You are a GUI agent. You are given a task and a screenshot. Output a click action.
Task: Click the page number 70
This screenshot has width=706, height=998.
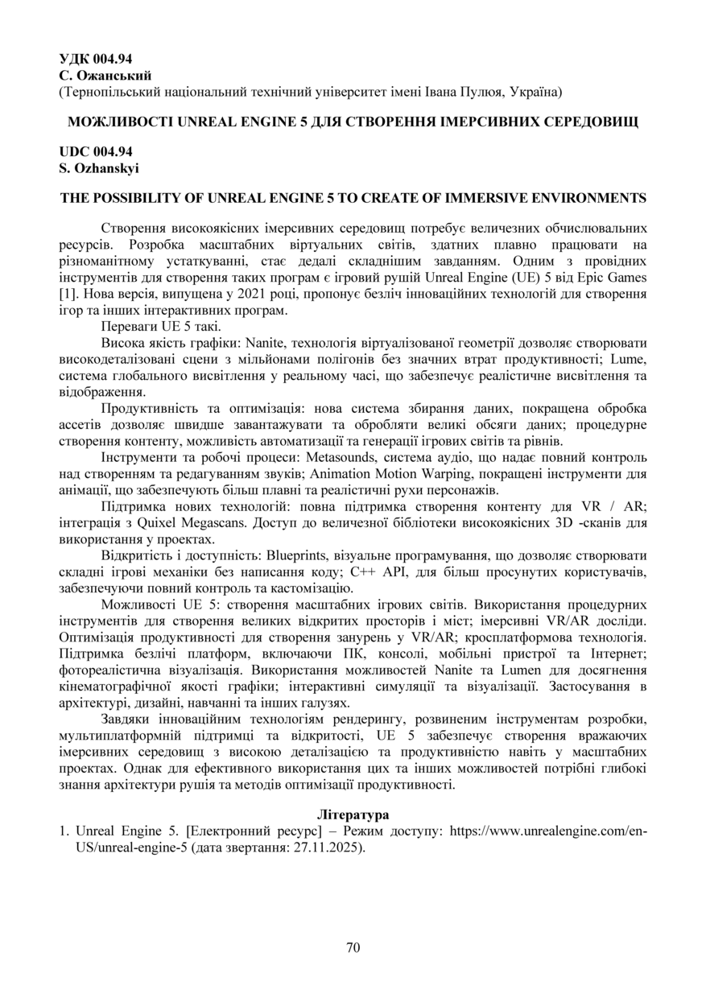(x=353, y=946)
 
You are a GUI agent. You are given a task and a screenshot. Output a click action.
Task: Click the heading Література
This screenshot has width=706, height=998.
(x=352, y=815)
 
